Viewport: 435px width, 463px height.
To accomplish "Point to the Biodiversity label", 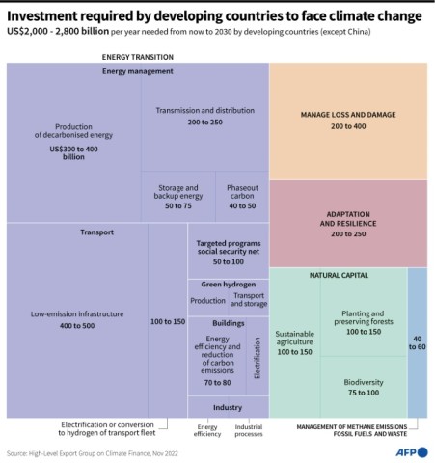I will pyautogui.click(x=363, y=382).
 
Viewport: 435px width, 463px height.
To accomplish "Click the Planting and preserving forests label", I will pyautogui.click(x=363, y=317).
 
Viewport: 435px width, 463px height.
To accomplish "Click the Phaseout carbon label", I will pyautogui.click(x=241, y=192).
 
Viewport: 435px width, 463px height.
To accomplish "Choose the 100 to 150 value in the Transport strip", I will pyautogui.click(x=168, y=320).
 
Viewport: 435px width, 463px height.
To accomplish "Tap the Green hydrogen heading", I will pyautogui.click(x=228, y=285).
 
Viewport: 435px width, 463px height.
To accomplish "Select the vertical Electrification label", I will pyautogui.click(x=258, y=356).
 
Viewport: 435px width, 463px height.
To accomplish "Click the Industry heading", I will pyautogui.click(x=228, y=408).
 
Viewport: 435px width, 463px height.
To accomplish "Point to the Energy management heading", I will pyautogui.click(x=137, y=71).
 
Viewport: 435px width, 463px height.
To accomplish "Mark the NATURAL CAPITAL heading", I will pyautogui.click(x=338, y=276).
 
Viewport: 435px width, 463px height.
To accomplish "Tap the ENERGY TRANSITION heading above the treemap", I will pyautogui.click(x=137, y=57).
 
